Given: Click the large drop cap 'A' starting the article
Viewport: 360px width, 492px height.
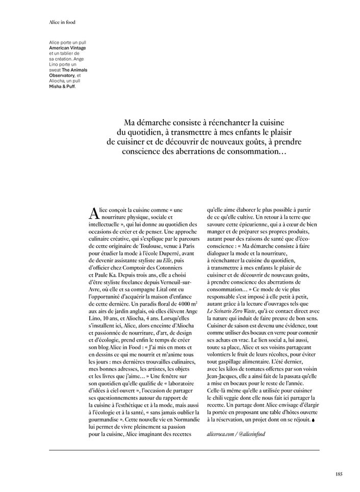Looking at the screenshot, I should (92, 212).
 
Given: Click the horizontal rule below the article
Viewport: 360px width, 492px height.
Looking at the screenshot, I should (184, 450).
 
